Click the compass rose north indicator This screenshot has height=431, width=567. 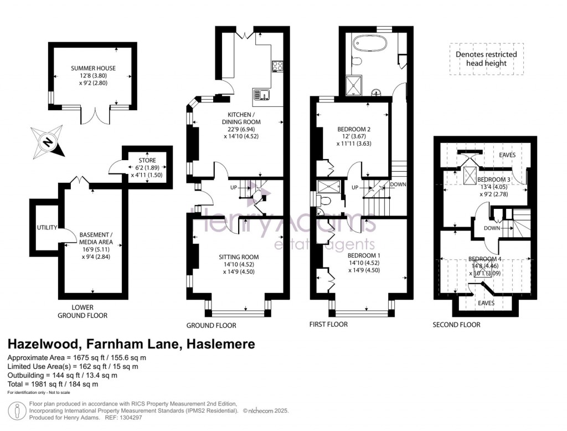(49, 141)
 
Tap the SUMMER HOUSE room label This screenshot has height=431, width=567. (93, 69)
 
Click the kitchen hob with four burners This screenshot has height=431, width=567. (277, 66)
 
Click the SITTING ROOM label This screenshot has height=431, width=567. (239, 257)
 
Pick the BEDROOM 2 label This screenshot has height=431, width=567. (354, 130)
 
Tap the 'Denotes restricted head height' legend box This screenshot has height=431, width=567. (486, 59)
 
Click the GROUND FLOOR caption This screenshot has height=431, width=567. (211, 325)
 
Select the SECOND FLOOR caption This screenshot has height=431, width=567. (456, 325)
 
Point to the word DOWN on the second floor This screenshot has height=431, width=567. (492, 228)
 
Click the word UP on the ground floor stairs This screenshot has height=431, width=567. (234, 188)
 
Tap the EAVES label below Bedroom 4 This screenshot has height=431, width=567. (486, 303)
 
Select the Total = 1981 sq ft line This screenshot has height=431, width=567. (53, 384)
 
